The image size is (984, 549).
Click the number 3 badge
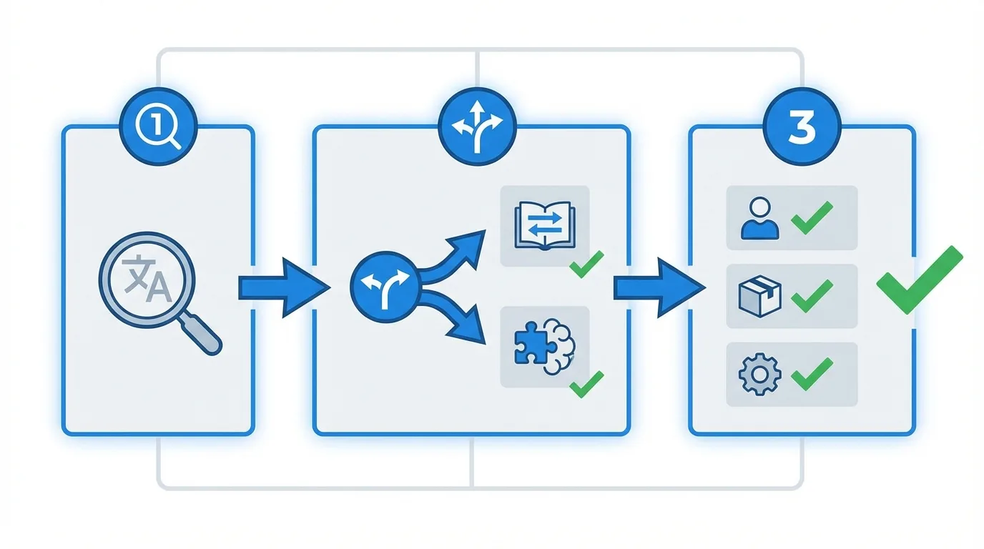[x=802, y=127]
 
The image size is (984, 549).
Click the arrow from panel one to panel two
[x=283, y=287]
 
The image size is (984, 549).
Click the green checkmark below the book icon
[x=587, y=264]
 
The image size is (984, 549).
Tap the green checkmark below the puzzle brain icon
[x=587, y=384]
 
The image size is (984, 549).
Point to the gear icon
[x=758, y=374]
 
